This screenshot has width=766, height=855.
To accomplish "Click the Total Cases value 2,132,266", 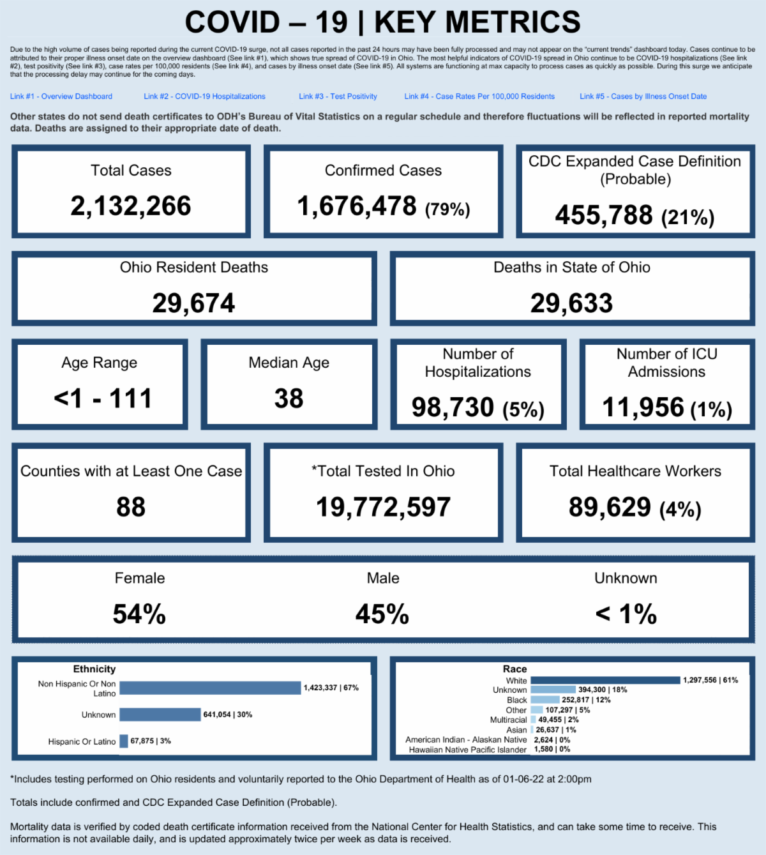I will [131, 206].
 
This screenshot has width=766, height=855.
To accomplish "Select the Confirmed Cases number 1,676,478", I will [357, 206].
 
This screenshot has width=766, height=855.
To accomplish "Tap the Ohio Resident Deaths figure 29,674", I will [193, 303].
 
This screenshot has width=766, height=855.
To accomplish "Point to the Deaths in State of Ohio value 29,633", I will [571, 303].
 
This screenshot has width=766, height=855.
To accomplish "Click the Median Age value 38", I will [289, 398].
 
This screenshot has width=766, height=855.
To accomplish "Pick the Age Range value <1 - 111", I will [102, 398].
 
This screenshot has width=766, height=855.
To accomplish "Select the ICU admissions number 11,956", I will [643, 407].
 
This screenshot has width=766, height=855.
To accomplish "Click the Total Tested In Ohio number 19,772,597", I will [383, 507].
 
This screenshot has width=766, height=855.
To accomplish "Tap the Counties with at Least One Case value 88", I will [131, 507].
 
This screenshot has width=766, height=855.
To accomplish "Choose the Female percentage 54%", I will [139, 614].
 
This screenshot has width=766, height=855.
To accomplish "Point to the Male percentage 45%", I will [382, 614].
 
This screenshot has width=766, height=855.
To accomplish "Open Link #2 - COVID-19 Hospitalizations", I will [204, 96].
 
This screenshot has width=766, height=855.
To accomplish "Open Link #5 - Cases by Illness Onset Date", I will [643, 96].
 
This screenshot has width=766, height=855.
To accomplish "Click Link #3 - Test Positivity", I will [338, 96].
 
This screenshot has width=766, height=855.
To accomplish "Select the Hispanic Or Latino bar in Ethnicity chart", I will [124, 741].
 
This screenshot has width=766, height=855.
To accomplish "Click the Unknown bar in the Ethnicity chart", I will [160, 715].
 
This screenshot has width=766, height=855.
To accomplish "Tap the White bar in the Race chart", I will [605, 680].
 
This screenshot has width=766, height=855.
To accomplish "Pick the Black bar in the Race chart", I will [544, 700].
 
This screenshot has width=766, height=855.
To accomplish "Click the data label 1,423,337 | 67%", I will [331, 688].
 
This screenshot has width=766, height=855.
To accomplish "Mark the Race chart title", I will [514, 669].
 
